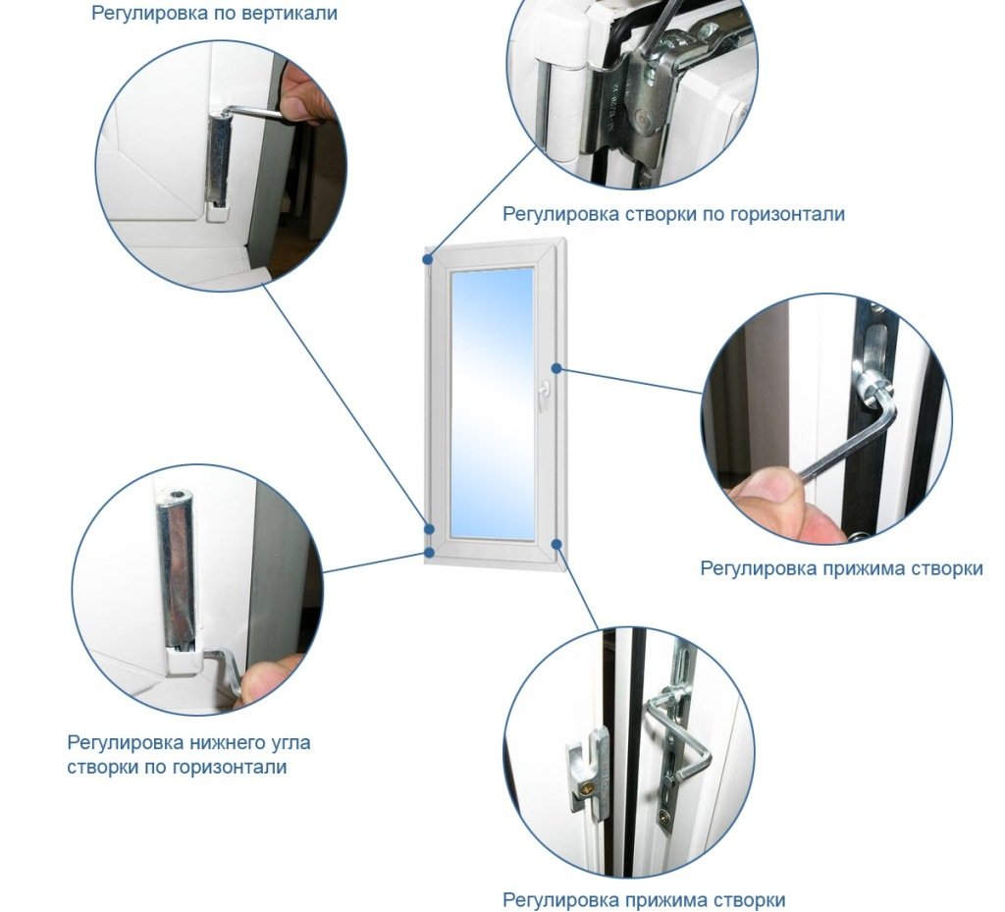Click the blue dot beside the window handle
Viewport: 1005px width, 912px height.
click(557, 368)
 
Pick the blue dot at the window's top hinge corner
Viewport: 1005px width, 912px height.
click(428, 259)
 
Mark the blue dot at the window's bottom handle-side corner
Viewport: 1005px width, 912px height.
click(557, 544)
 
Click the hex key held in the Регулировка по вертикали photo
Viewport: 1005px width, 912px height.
click(256, 112)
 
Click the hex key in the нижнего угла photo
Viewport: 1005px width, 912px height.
click(226, 670)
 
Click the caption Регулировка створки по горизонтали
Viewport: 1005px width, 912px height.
click(673, 213)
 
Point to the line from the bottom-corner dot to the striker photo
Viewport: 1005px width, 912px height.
click(577, 586)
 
